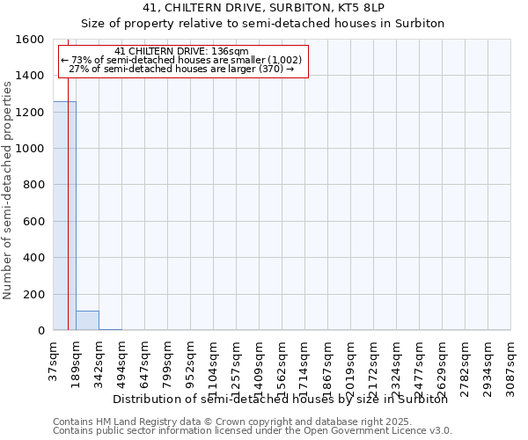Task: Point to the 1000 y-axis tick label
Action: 31,149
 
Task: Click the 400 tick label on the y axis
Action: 34,258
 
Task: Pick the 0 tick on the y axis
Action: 40,331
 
